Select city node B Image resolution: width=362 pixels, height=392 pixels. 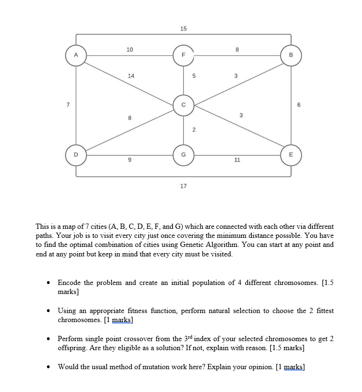click(x=290, y=56)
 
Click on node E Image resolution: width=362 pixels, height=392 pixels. click(x=290, y=155)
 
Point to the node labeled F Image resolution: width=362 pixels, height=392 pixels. click(x=183, y=56)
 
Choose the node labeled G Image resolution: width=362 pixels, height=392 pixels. click(x=183, y=155)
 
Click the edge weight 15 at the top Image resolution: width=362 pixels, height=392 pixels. click(x=183, y=29)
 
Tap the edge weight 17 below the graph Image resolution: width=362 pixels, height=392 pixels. click(x=183, y=186)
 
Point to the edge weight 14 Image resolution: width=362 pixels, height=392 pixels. click(x=131, y=76)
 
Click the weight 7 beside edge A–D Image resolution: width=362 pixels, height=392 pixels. click(x=68, y=104)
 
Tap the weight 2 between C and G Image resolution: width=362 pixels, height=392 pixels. click(x=193, y=130)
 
